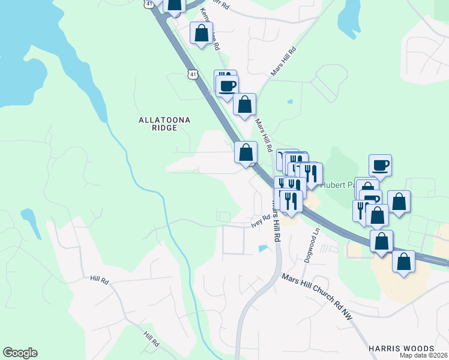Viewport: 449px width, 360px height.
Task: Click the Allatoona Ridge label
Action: [x=164, y=124]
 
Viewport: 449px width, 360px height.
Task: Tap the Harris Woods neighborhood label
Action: [x=402, y=349]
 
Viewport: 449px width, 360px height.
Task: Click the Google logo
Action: [x=20, y=353]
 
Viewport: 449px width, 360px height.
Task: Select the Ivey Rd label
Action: [x=261, y=221]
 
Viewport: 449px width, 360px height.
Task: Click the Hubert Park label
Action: [x=336, y=185]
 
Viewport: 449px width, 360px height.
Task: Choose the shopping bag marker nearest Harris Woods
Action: [x=404, y=262]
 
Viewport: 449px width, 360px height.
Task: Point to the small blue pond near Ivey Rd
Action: [x=262, y=248]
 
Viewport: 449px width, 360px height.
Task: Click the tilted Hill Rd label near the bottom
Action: [x=151, y=340]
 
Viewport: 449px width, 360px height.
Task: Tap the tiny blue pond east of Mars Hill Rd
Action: [x=290, y=101]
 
